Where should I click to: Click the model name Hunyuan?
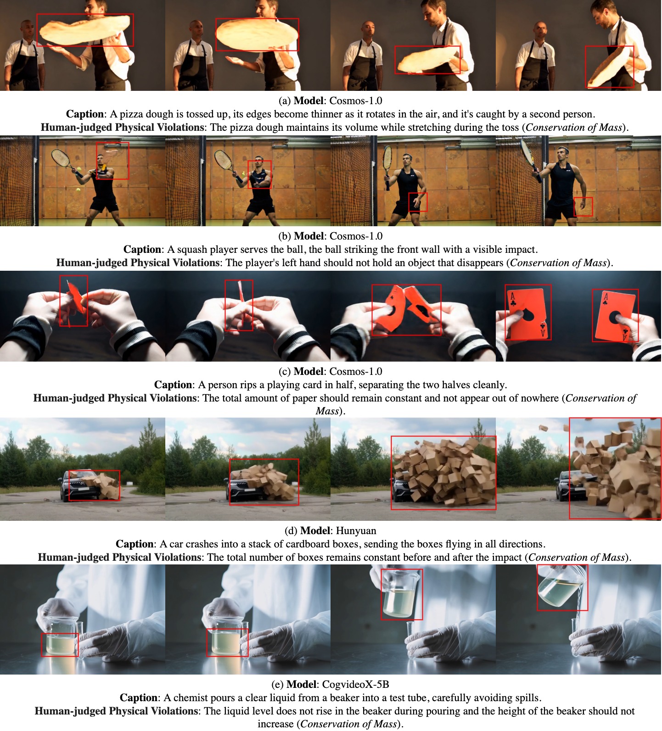click(356, 531)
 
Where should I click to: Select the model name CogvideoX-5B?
click(356, 685)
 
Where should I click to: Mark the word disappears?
click(480, 263)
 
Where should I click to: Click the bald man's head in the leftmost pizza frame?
click(28, 30)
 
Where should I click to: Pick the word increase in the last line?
click(276, 725)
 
